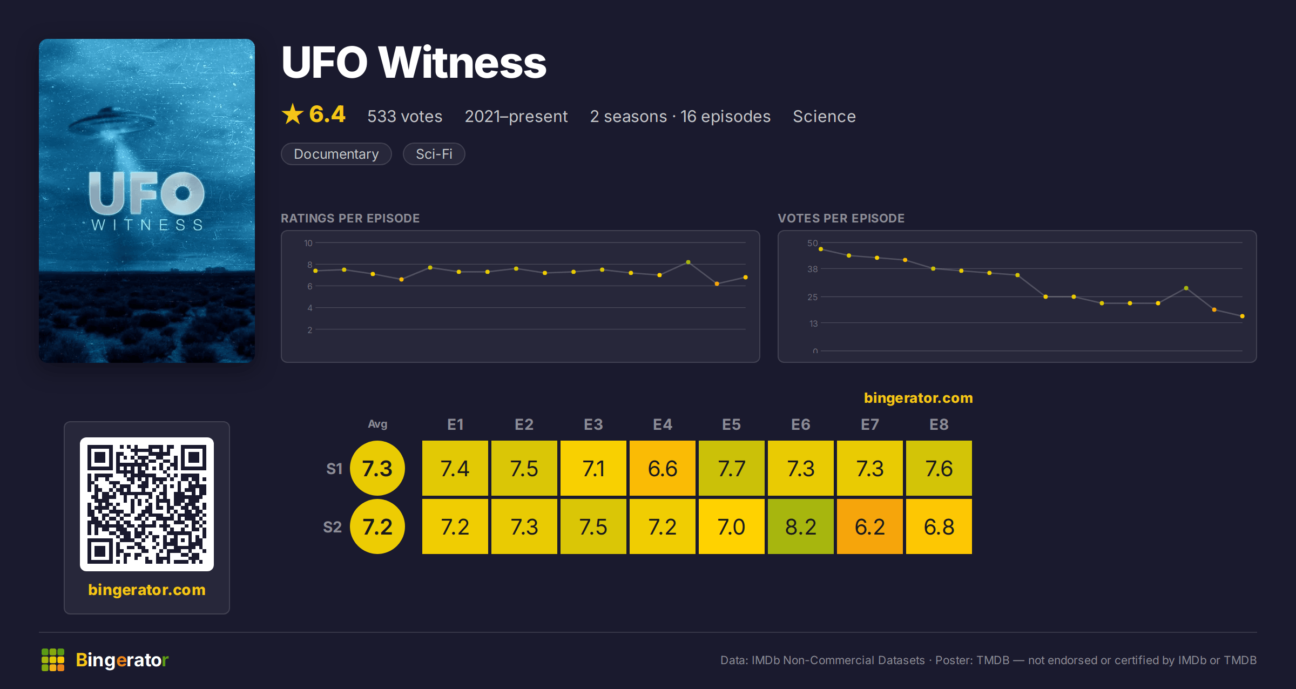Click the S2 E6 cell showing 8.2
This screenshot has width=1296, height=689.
point(800,526)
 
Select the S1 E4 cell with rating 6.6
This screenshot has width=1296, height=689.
point(662,468)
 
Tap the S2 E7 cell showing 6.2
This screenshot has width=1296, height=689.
point(869,526)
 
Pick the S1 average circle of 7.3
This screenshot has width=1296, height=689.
point(377,468)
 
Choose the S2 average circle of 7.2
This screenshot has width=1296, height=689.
point(377,526)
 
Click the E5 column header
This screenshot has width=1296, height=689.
point(731,424)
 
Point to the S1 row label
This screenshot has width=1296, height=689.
point(334,469)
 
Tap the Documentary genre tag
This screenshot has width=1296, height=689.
point(336,154)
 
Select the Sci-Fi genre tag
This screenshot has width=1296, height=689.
point(434,154)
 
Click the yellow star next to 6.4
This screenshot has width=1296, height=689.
point(293,114)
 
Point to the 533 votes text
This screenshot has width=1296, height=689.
point(405,116)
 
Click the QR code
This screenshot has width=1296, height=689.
point(147,504)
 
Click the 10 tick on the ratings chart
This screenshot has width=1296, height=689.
point(308,243)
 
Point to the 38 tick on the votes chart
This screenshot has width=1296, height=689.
point(813,269)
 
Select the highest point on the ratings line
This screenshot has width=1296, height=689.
point(688,262)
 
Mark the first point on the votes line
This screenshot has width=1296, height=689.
point(821,249)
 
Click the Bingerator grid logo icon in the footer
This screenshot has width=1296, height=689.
point(53,660)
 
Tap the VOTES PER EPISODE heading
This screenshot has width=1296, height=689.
point(841,218)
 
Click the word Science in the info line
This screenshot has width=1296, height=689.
point(824,116)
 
